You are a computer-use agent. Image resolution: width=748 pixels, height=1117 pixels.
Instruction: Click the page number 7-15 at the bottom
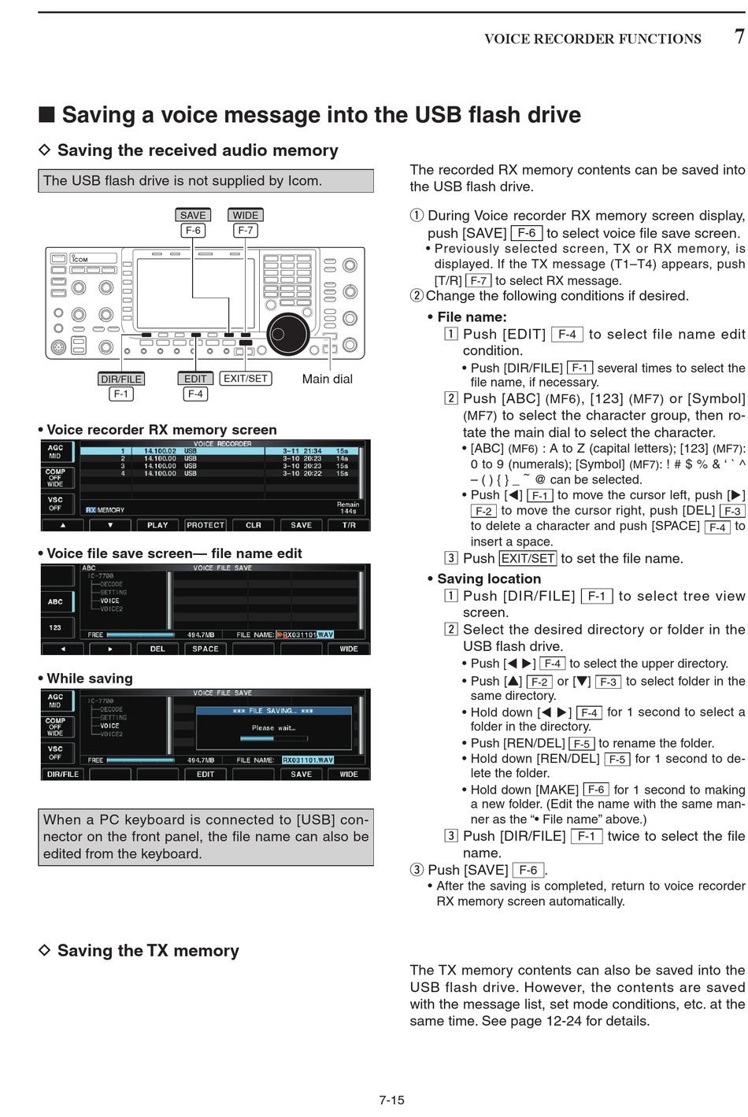(391, 1100)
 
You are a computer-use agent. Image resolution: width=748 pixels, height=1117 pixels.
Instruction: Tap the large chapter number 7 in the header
(739, 36)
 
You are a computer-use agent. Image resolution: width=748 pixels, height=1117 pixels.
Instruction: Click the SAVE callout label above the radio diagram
(193, 215)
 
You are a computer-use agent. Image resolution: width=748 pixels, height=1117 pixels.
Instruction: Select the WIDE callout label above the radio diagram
(245, 215)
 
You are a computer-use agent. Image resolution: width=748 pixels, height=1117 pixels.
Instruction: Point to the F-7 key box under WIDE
(245, 231)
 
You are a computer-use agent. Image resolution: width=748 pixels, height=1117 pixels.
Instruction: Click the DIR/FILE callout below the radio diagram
(121, 379)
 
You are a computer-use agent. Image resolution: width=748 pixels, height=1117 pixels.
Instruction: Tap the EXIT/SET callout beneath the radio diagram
(246, 379)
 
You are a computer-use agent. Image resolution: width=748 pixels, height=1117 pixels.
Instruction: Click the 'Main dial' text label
(327, 379)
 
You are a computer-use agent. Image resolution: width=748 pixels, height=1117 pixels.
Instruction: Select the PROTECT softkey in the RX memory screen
(206, 525)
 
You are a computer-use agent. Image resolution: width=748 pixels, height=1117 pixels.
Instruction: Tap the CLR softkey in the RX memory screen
(254, 525)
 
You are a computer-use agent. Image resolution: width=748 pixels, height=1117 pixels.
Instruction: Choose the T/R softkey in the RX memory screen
(349, 525)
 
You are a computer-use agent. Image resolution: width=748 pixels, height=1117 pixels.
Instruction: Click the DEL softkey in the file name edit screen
(157, 649)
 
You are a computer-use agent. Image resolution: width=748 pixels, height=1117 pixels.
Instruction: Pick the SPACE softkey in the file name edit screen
(206, 649)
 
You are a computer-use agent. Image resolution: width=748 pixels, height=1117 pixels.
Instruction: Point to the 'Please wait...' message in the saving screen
(273, 728)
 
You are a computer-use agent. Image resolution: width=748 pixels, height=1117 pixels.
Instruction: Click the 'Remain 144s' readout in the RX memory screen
(347, 508)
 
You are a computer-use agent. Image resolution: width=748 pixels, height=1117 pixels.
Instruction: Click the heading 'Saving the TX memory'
(148, 950)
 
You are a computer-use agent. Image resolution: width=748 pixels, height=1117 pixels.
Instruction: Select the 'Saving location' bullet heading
(489, 579)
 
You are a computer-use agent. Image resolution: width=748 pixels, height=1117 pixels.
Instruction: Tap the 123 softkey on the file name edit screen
(55, 627)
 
